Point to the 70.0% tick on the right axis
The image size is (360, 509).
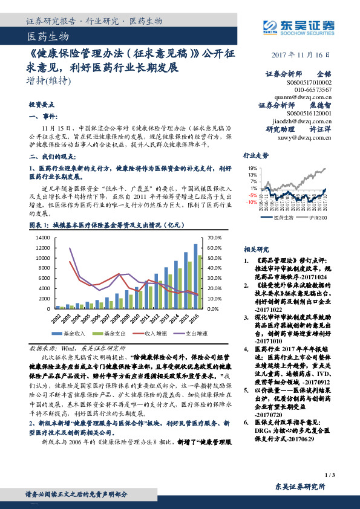(215, 238)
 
